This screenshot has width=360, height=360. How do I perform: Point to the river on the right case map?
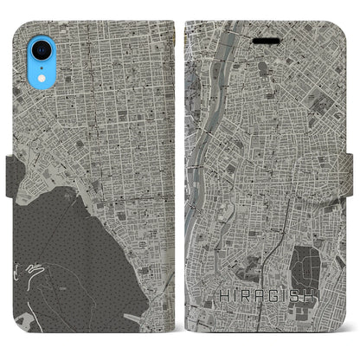pyautogui.click(x=202, y=130)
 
